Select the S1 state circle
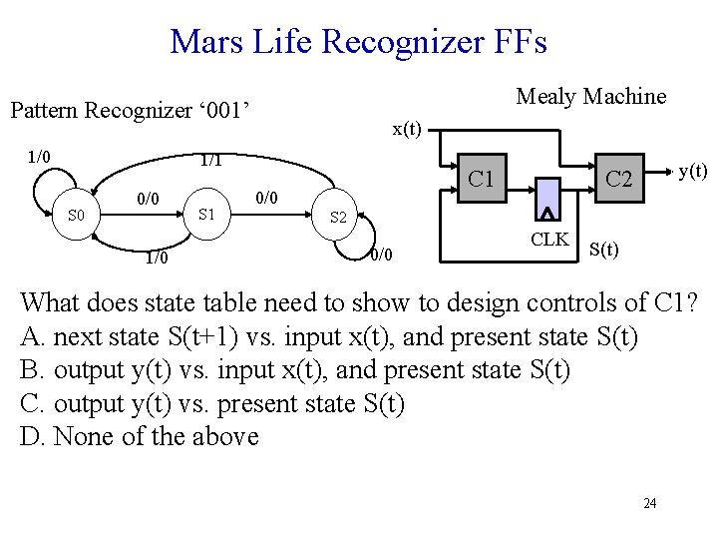pyautogui.click(x=207, y=213)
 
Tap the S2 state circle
pyautogui.click(x=338, y=217)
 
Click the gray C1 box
pyautogui.click(x=484, y=179)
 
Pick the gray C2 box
pyautogui.click(x=619, y=179)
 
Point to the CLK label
pyautogui.click(x=549, y=239)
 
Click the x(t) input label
pyautogui.click(x=406, y=129)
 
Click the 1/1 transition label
pyautogui.click(x=211, y=160)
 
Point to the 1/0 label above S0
pyautogui.click(x=40, y=156)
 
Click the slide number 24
pyautogui.click(x=649, y=503)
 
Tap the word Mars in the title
pyautogui.click(x=199, y=42)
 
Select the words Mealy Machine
pyautogui.click(x=590, y=96)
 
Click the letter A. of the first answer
pyautogui.click(x=33, y=335)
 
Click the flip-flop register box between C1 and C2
pyautogui.click(x=547, y=199)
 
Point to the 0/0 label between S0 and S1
pyautogui.click(x=149, y=200)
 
